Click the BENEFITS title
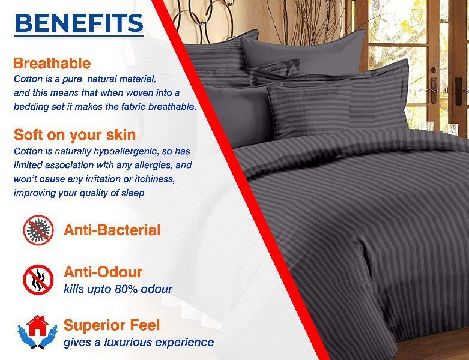point(79,23)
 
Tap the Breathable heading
point(52,64)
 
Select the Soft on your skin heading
point(75,135)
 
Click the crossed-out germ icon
point(38,230)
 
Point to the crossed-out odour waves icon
point(38,280)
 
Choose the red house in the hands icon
point(37,332)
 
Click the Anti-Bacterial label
point(112,230)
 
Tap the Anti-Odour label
point(103,272)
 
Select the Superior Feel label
point(112,325)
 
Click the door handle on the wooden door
point(433,88)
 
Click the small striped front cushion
point(310,109)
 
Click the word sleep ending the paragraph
point(133,193)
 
